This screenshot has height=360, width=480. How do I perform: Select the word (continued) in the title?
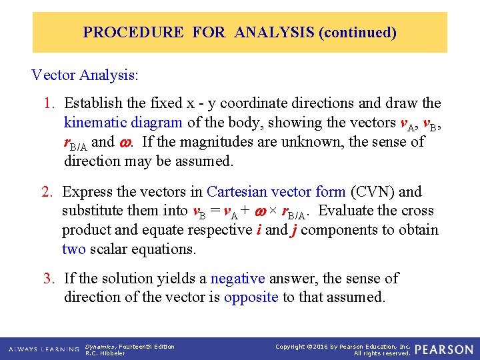click(x=358, y=32)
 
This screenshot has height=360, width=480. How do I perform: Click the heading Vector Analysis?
click(x=85, y=75)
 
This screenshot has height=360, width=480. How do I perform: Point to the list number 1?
click(x=49, y=103)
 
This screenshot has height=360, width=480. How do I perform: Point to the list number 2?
click(x=47, y=192)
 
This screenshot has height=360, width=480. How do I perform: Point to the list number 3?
click(x=49, y=278)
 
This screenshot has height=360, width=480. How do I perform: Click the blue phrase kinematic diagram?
click(x=123, y=123)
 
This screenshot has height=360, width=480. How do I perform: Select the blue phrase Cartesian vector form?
click(x=276, y=192)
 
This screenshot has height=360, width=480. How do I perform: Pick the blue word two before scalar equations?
click(x=74, y=249)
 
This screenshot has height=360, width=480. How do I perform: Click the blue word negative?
click(x=237, y=278)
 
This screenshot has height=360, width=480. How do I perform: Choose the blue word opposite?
click(x=251, y=297)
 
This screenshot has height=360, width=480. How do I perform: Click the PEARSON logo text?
click(x=444, y=349)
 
